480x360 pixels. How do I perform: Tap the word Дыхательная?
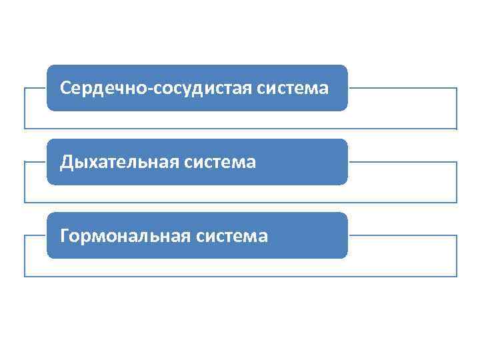[x=117, y=162]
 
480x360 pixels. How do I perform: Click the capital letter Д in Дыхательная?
[x=65, y=162]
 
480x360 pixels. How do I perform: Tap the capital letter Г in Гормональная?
[x=64, y=235]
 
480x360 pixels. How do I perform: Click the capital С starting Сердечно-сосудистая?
[x=65, y=88]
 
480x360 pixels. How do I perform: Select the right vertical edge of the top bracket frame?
[x=457, y=108]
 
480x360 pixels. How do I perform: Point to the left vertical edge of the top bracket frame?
[x=25, y=108]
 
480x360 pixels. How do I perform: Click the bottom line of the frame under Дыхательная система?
[x=240, y=202]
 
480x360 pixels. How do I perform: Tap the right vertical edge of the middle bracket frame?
[x=457, y=182]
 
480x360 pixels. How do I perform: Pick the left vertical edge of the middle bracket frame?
[x=25, y=182]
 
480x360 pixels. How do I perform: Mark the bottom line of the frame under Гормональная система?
[x=240, y=276]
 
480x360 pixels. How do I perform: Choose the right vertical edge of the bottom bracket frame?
[x=457, y=256]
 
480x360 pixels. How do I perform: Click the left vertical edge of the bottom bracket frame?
[x=25, y=256]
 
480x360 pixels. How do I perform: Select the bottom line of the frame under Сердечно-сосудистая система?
[x=240, y=128]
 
